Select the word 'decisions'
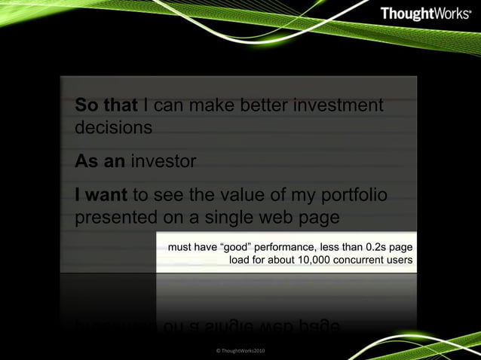coord(113,127)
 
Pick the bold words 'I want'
coord(101,197)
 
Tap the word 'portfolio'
coord(354,197)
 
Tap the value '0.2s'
coord(375,246)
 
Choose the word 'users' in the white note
coord(397,260)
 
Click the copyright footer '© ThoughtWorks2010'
coord(240,351)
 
